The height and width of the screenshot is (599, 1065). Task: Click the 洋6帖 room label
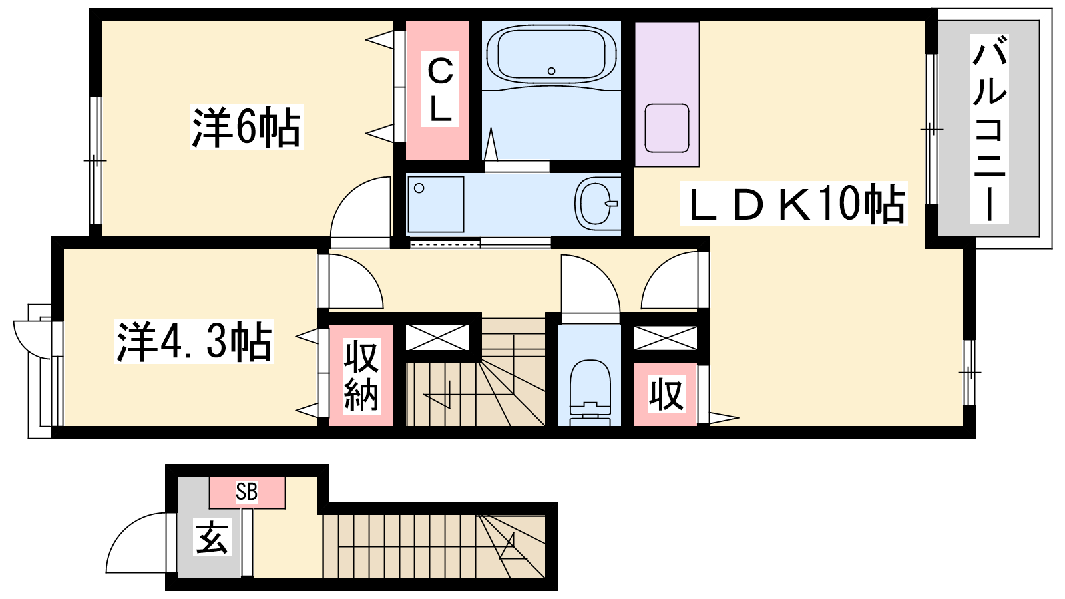[246, 127]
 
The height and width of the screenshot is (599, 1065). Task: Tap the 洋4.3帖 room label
[194, 341]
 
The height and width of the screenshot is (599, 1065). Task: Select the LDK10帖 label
[793, 204]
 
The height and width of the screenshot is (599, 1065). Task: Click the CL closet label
[440, 89]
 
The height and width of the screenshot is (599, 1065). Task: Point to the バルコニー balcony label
[989, 128]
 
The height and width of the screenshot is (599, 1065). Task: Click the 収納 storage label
[361, 376]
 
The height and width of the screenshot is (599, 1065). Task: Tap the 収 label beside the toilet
[666, 393]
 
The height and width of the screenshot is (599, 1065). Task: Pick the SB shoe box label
[247, 492]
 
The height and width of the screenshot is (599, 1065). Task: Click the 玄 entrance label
[212, 536]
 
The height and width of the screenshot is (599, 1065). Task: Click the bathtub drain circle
[552, 71]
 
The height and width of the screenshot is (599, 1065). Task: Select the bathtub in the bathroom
[552, 55]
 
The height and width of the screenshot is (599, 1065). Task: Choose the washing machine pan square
[435, 204]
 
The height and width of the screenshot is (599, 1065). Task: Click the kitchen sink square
[666, 128]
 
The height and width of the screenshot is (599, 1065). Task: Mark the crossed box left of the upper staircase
[437, 337]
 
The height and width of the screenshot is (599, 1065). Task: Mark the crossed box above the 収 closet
[666, 337]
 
